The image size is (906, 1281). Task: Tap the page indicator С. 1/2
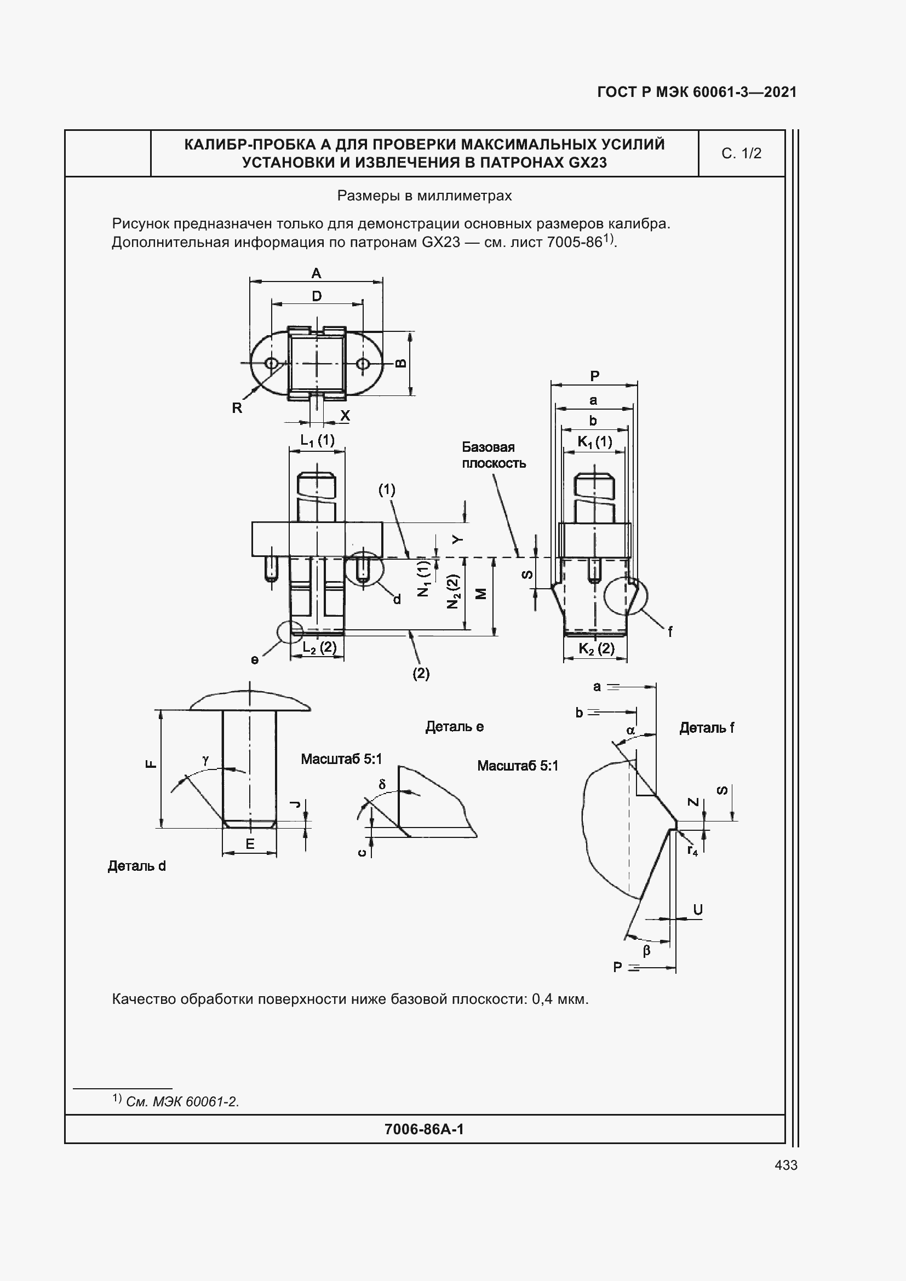tap(741, 153)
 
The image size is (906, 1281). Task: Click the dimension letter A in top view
tap(316, 273)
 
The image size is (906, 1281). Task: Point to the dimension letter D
tap(316, 296)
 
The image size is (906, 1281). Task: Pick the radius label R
tap(237, 408)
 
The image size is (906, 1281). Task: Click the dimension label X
tap(345, 416)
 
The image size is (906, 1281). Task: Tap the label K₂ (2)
tap(596, 648)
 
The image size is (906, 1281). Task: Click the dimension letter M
tap(481, 594)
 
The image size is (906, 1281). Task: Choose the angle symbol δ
tap(382, 784)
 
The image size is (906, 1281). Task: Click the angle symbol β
tap(646, 950)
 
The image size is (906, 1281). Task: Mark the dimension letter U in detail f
tap(697, 910)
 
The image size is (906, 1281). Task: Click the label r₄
tap(692, 851)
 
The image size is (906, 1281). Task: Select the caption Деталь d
tap(137, 866)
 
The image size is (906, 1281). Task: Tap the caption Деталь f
tap(706, 727)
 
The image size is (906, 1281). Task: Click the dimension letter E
tap(250, 844)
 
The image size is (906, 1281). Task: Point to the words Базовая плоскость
tap(493, 455)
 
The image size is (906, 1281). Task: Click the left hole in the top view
tap(272, 364)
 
